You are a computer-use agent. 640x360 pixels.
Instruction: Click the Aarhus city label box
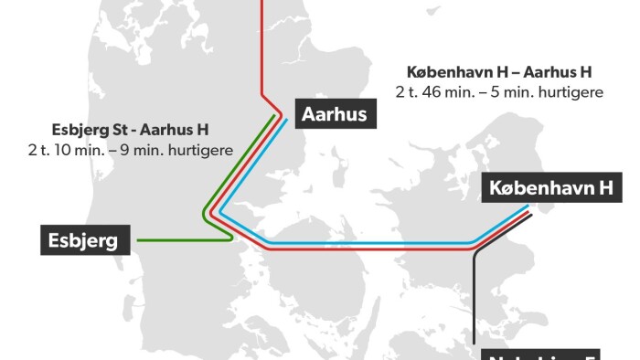(x=334, y=114)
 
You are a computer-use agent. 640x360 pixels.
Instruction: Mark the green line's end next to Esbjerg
(x=138, y=241)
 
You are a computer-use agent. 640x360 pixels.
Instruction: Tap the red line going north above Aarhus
(x=263, y=46)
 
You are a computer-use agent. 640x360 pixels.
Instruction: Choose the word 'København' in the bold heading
(x=444, y=71)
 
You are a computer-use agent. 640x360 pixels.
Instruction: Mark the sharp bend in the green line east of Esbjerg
(x=232, y=238)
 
